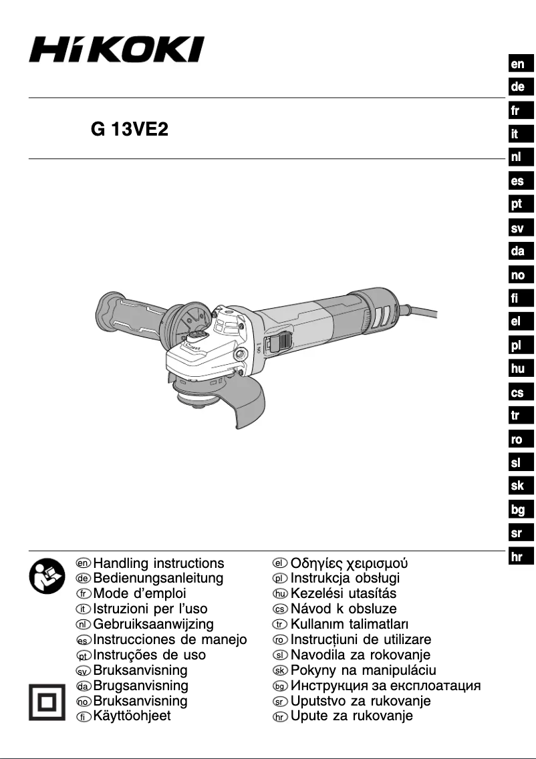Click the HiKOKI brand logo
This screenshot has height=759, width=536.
pyautogui.click(x=116, y=49)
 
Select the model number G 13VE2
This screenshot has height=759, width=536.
pyautogui.click(x=129, y=129)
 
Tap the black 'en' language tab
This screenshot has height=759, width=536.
pyautogui.click(x=518, y=64)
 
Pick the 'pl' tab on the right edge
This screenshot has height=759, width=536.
pyautogui.click(x=517, y=345)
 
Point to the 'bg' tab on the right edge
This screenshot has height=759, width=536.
pyautogui.click(x=517, y=510)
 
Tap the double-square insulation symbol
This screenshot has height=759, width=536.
pyautogui.click(x=45, y=700)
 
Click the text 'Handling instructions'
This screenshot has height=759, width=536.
pyautogui.click(x=158, y=563)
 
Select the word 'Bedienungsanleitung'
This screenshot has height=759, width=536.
pyautogui.click(x=158, y=579)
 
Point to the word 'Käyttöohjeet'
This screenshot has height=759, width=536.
pyautogui.click(x=132, y=716)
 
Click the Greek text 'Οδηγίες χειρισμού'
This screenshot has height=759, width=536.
pyautogui.click(x=349, y=563)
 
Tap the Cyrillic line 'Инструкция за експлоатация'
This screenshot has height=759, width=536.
pyautogui.click(x=385, y=686)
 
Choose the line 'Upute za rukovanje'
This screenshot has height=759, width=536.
pyautogui.click(x=352, y=716)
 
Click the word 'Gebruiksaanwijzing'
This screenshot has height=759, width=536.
pyautogui.click(x=153, y=624)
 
